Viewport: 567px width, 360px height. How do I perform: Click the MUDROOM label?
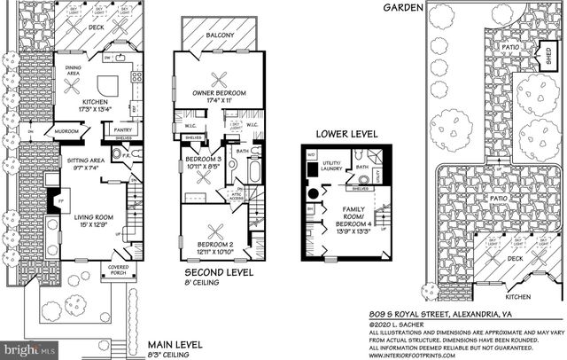pyautogui.click(x=66, y=129)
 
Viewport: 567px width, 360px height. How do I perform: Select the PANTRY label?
pyautogui.click(x=121, y=129)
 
